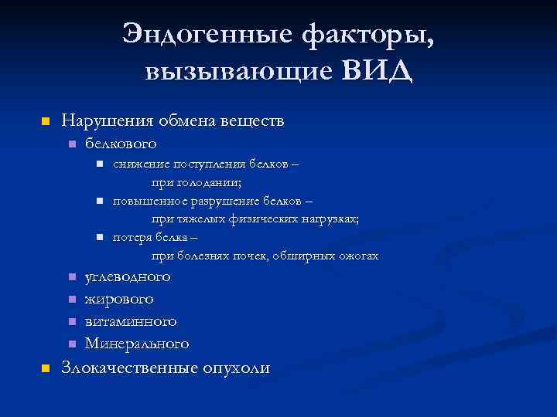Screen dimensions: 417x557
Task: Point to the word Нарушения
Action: pos(107,121)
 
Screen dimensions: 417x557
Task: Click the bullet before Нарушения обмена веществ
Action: pos(45,122)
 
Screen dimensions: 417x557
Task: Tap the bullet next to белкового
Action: pos(71,144)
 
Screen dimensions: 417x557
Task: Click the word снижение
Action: pos(139,164)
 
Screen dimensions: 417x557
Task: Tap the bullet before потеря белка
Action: pos(100,237)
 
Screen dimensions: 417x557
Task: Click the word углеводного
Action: pos(128,276)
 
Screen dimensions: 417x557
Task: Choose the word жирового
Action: pos(119,298)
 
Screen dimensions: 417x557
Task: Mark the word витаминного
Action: pos(131,320)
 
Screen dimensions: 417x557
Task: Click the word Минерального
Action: pos(137,343)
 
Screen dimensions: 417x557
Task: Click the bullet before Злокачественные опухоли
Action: pos(45,368)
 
